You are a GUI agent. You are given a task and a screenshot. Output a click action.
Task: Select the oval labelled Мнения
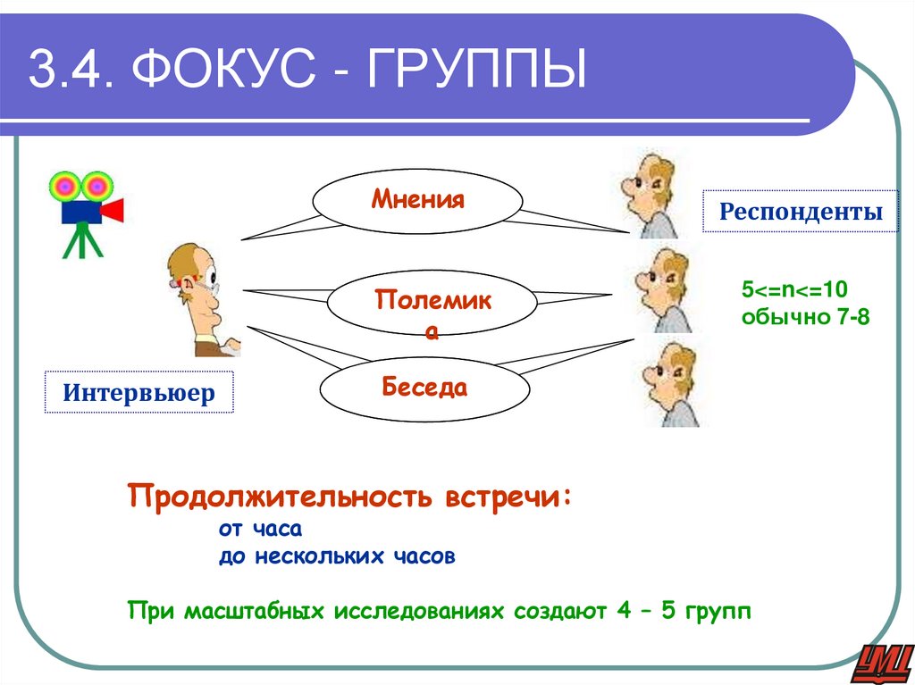(418, 199)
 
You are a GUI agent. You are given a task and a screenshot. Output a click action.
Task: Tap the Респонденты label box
(801, 212)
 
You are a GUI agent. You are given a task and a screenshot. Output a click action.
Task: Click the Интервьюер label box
(139, 392)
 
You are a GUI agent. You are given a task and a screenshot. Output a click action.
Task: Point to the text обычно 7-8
(805, 316)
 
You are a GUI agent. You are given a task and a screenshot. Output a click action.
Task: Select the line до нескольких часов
(337, 556)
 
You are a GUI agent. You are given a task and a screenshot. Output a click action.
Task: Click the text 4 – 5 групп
(684, 612)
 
